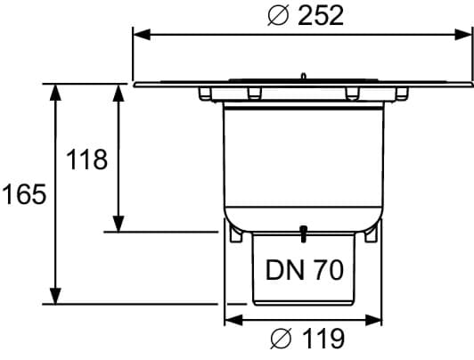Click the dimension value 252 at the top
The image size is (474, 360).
321,15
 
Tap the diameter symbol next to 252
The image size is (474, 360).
278,16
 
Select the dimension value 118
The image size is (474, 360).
86,160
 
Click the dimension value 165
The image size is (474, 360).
24,194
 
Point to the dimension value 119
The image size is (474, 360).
323,339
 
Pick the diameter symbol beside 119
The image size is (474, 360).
282,339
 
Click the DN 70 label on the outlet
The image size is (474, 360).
305,270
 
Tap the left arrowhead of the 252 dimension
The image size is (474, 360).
142,35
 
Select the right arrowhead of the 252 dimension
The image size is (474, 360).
463,35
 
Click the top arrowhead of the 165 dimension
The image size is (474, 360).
55,92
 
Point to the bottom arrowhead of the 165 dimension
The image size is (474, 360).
55,296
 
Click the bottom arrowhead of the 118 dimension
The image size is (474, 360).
118,224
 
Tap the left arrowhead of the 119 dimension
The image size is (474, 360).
233,320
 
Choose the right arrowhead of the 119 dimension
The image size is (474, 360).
373,320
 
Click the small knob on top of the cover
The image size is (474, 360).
304,76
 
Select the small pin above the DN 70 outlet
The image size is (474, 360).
303,234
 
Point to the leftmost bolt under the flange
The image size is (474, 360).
205,94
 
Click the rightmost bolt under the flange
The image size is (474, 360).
402,94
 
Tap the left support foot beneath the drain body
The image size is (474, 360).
236,234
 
